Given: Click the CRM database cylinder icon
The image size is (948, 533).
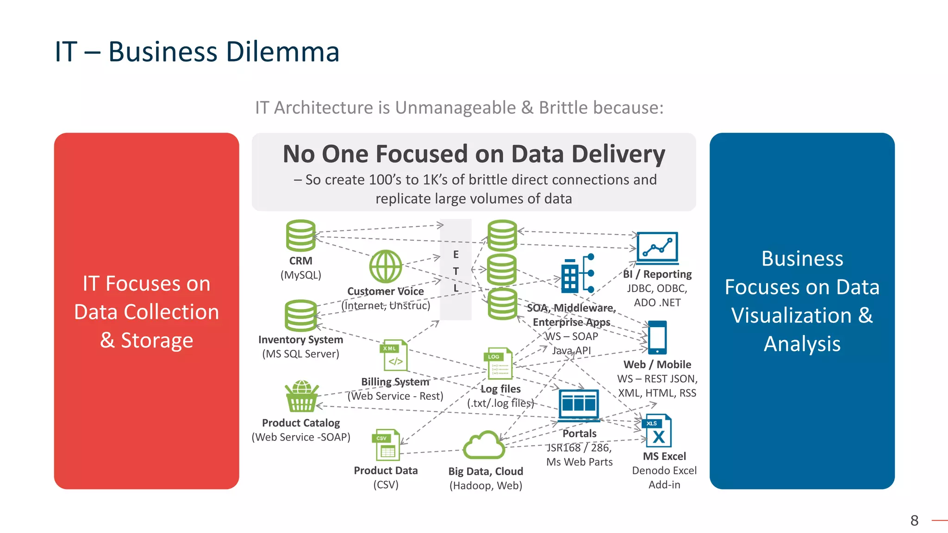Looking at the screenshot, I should pos(300,236).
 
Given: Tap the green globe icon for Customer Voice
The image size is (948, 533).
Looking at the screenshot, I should pos(386,266).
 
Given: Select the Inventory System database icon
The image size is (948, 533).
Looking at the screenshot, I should pos(300,316).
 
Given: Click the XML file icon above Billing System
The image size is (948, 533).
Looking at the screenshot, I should pos(394,355).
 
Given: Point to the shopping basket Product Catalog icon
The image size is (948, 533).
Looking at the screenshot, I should pos(302,397).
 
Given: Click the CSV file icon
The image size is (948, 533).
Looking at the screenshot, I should pos(386,445).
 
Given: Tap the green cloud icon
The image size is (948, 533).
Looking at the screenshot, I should pos(484,445).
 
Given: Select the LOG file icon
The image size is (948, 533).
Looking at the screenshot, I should pos(500,364).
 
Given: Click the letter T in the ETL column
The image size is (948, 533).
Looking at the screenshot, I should pos(456,271).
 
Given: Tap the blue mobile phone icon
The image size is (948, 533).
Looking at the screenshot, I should pos(657,337).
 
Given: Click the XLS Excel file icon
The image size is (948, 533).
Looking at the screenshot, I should pos(657,431).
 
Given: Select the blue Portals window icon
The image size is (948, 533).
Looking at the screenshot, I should pos(579,404).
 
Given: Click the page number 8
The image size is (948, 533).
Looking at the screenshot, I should pos(914,521).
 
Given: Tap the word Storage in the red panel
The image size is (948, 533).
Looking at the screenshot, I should pos(157,340).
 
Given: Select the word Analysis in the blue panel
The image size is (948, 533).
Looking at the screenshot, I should pos(802,344).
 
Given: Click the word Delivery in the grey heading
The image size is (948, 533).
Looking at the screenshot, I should pos(618,154).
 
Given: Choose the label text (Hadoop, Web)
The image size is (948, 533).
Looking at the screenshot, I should pos(486,485).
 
